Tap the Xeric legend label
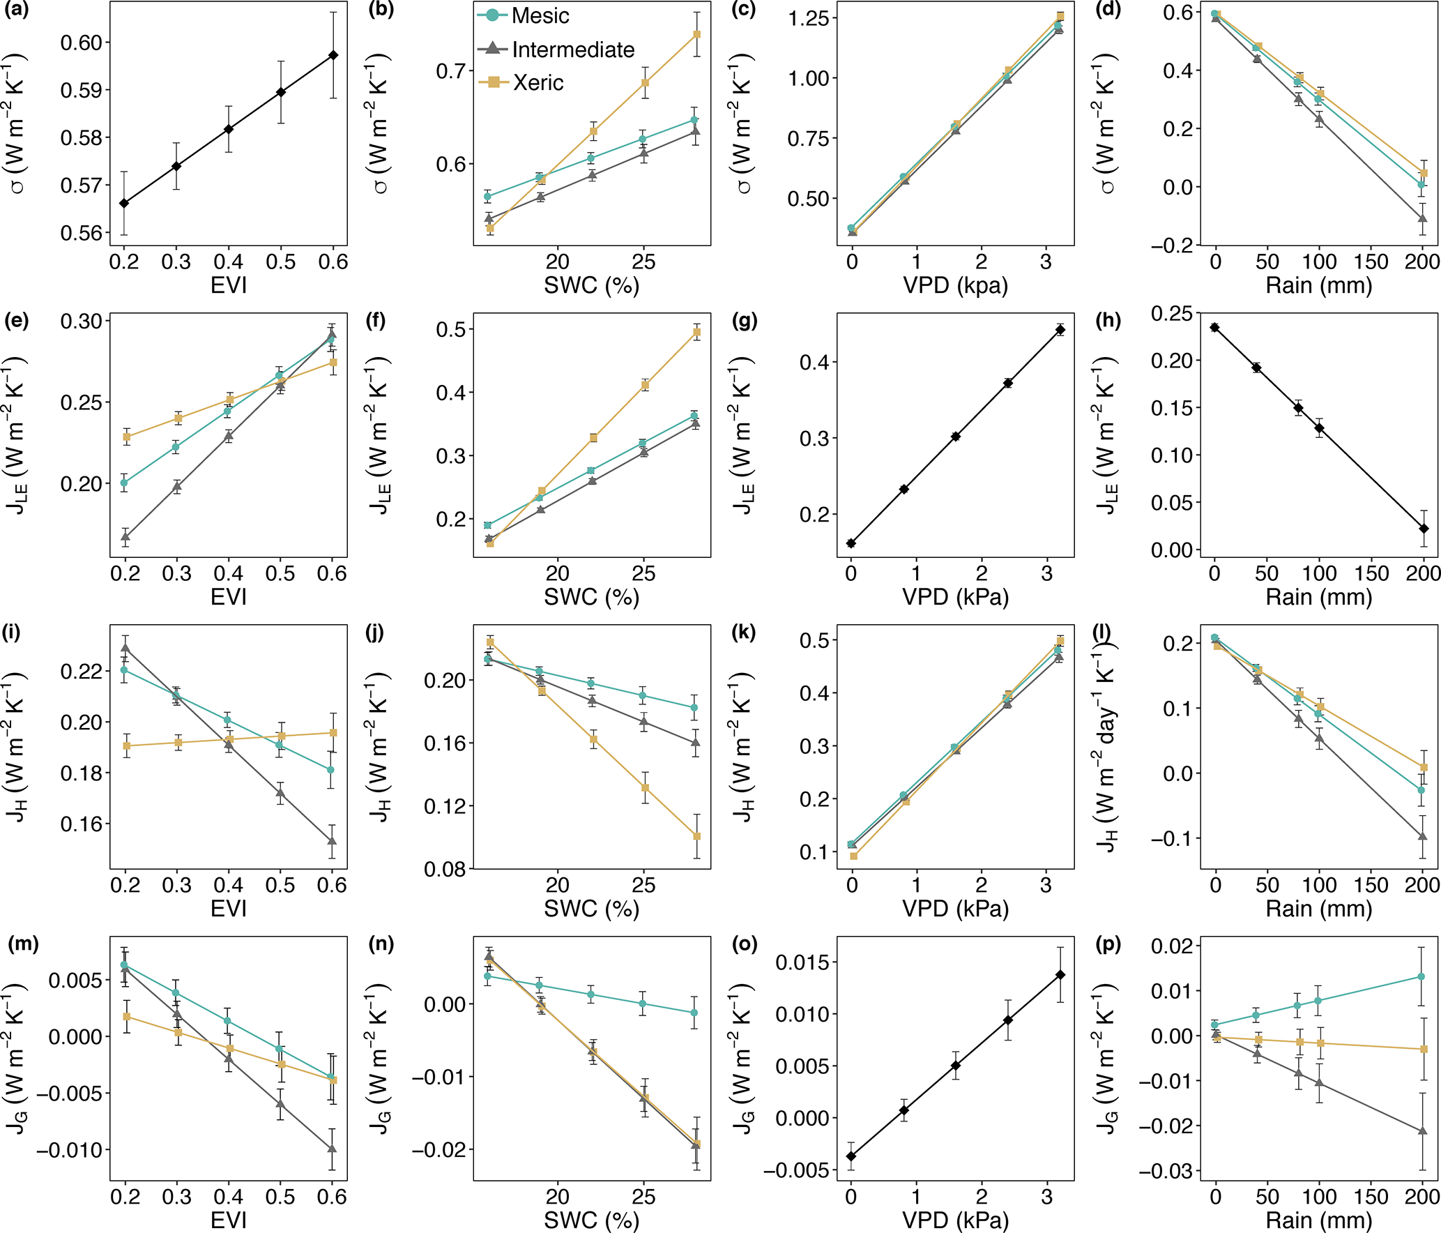[x=538, y=82]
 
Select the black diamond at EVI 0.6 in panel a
[x=333, y=55]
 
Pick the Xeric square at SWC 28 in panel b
[x=696, y=34]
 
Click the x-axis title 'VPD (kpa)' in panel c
[x=955, y=285]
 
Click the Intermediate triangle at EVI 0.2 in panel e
[x=125, y=536]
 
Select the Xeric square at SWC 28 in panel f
[x=696, y=333]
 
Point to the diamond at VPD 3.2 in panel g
[x=1060, y=330]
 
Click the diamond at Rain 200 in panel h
[x=1423, y=529]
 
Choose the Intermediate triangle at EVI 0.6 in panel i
[x=332, y=840]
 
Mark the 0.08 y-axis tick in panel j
[x=445, y=869]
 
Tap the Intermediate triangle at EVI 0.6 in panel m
[x=332, y=1148]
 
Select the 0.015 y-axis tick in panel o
[x=802, y=962]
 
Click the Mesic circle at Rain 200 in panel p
[x=1421, y=977]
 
